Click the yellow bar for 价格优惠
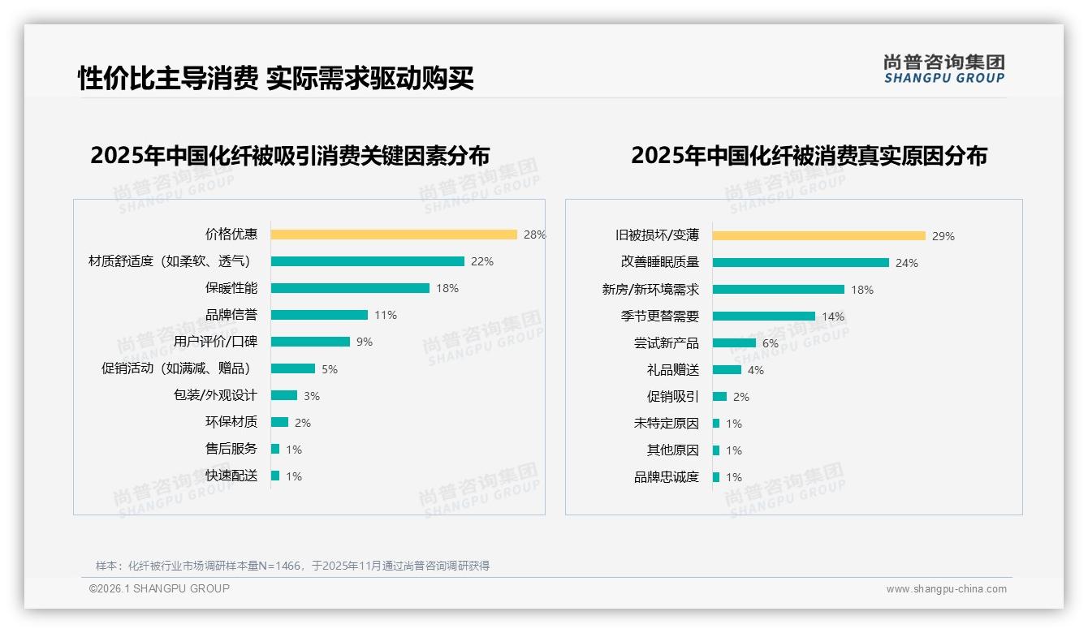tap(394, 235)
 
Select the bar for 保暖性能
tap(350, 288)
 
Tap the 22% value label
tap(482, 261)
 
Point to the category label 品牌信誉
tap(231, 315)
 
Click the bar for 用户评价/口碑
tap(310, 342)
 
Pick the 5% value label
tap(330, 368)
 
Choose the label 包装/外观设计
tap(215, 395)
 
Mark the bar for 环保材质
tap(279, 422)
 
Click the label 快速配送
tap(231, 476)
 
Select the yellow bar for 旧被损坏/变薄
tap(819, 236)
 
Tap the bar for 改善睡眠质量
tap(801, 263)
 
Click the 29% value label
tap(943, 236)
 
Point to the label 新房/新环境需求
tap(650, 290)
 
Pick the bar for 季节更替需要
tap(764, 316)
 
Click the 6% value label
tap(770, 343)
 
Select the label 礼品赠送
tap(672, 370)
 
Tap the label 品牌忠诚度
tap(667, 477)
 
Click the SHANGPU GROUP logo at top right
tap(943, 69)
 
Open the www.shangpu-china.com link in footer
tap(946, 589)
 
